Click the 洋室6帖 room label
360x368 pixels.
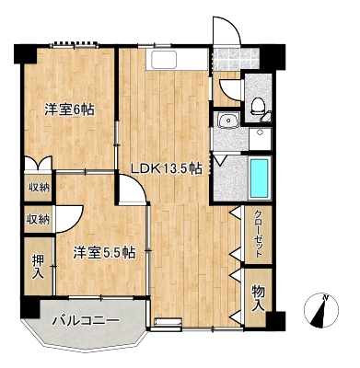click(69, 109)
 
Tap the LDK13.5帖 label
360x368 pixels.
click(167, 168)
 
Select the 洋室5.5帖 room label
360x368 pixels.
click(104, 253)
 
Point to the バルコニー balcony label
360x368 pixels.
click(86, 321)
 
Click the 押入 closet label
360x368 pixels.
click(38, 266)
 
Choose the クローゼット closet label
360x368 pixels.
click(259, 234)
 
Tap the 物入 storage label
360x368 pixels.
click(259, 298)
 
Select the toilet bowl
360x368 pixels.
click(257, 106)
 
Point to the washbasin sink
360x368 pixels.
click(227, 120)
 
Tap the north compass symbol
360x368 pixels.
click(320, 310)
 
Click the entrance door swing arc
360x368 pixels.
click(232, 25)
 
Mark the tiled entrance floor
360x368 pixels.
click(236, 59)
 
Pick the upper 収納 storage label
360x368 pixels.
click(39, 188)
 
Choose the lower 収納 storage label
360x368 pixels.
click(38, 219)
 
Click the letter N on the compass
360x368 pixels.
click(325, 297)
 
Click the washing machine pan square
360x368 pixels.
click(261, 139)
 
